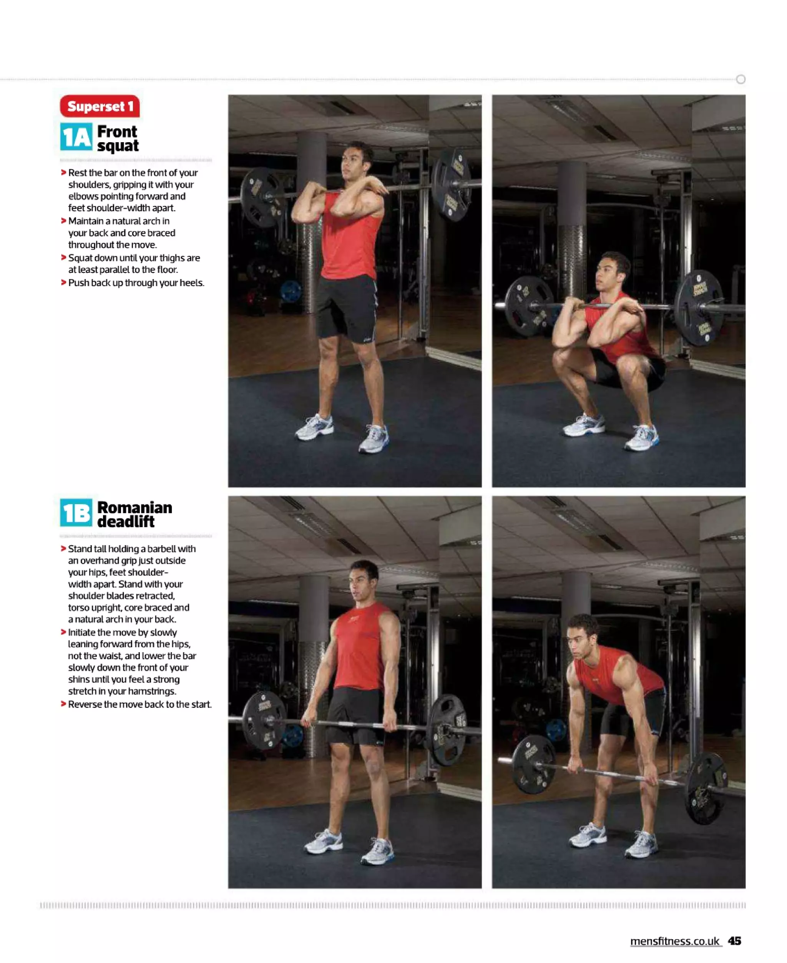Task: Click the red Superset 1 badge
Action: click(x=100, y=106)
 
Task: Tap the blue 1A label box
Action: click(x=76, y=137)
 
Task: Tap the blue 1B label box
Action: click(x=76, y=513)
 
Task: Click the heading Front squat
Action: click(x=118, y=138)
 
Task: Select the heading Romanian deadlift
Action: click(x=134, y=514)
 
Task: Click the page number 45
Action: click(x=734, y=941)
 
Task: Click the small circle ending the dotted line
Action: click(x=741, y=79)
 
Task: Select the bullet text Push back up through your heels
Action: click(x=136, y=282)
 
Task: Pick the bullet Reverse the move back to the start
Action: click(x=139, y=704)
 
